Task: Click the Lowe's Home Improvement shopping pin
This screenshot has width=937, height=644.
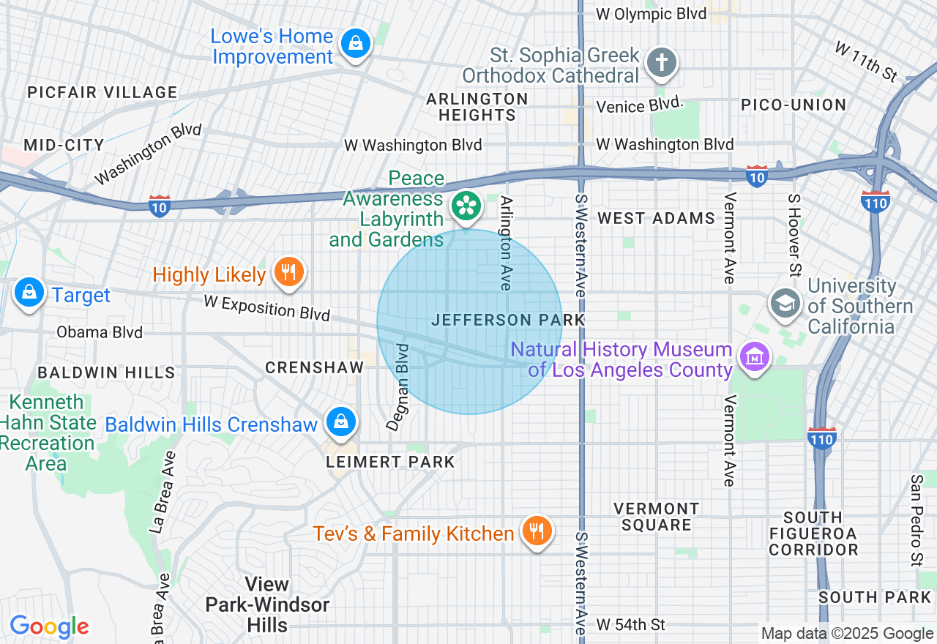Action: point(356,43)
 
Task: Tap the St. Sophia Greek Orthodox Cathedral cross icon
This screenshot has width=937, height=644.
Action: point(662,64)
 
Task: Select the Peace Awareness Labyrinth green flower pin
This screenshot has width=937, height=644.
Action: point(465,206)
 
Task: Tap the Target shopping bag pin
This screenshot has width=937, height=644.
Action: point(29,293)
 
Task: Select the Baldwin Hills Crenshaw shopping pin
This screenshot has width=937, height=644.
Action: point(340,422)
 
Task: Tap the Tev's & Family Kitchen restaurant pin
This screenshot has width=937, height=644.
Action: point(537,531)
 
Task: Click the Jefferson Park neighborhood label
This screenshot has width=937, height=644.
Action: point(508,320)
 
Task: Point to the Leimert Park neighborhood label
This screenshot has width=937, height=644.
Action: point(390,462)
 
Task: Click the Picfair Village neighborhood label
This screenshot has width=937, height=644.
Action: point(102,92)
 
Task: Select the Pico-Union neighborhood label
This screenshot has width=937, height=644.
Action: point(794,105)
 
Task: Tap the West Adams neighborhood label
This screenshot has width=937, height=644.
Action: point(656,218)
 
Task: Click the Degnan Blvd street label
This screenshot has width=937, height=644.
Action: point(401,386)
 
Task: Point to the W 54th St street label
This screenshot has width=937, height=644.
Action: point(630,624)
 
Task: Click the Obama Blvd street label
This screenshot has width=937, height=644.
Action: point(100,332)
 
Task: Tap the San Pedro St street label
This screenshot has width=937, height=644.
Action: point(916,520)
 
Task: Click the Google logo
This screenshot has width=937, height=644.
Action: point(49,626)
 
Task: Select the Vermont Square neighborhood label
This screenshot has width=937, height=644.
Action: point(656,516)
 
